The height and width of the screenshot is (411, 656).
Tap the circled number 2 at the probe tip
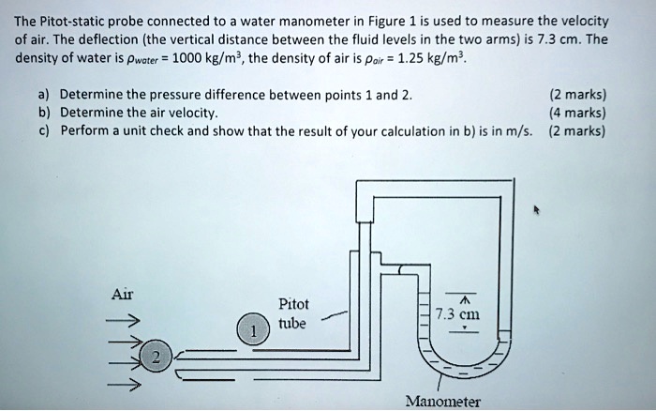coord(157,358)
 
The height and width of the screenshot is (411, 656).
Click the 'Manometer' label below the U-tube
coord(443,402)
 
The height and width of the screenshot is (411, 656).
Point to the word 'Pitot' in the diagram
coord(294,304)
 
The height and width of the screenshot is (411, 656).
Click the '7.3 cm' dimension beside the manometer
coord(457,313)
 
